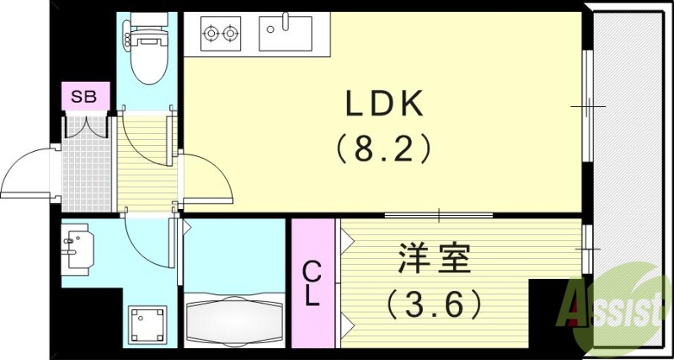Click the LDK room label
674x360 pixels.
pyautogui.click(x=384, y=105)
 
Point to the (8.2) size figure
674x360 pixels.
pyautogui.click(x=384, y=150)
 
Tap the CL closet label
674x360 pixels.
pyautogui.click(x=313, y=283)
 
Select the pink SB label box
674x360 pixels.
pyautogui.click(x=83, y=96)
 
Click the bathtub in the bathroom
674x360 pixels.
pyautogui.click(x=233, y=320)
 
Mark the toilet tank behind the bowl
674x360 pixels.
pyautogui.click(x=148, y=34)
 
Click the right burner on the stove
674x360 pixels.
pyautogui.click(x=230, y=35)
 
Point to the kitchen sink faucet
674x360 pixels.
pyautogui.click(x=286, y=21)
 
